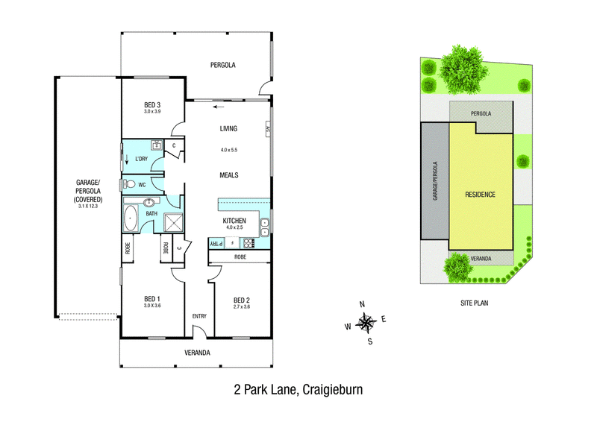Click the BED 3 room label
coord(152,104)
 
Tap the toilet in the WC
coord(129,185)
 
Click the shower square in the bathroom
coord(173,222)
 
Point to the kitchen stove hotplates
coord(249,243)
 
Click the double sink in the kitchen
coord(265,227)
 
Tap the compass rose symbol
coord(366,324)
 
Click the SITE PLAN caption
coord(474,303)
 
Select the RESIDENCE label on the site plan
coord(480,195)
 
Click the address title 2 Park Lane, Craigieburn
coord(298,390)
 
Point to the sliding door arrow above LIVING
coord(219,107)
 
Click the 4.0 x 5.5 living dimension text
coord(229,150)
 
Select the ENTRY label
coord(199,316)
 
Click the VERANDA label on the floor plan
coord(197,353)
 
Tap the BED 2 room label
coord(241,300)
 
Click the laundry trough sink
coord(157,145)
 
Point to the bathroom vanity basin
coord(149,201)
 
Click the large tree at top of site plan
coord(463,69)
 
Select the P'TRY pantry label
coord(217,243)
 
